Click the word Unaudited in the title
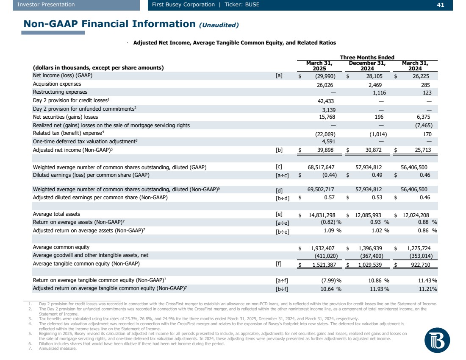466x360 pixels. pyautogui.click(x=219, y=25)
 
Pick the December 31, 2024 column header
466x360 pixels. pyautogui.click(x=367, y=66)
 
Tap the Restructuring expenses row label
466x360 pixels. pyautogui.click(x=60, y=92)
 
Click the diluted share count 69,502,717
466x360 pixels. pyautogui.click(x=323, y=190)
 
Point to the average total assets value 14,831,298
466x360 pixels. pyautogui.click(x=323, y=215)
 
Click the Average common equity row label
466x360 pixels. pyautogui.click(x=61, y=247)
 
